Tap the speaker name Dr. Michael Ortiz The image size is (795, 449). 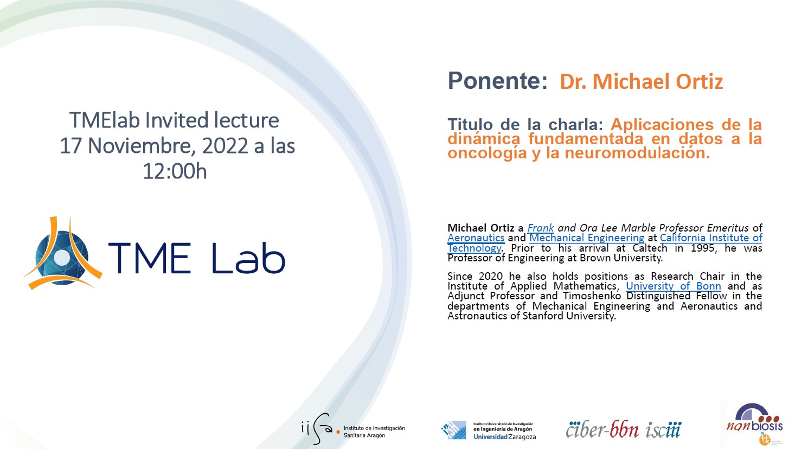tap(642, 82)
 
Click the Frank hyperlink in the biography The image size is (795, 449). tap(541, 228)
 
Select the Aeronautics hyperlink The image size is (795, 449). tap(476, 238)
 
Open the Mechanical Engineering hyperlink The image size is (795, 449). tap(586, 238)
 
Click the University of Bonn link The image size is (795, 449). tap(674, 286)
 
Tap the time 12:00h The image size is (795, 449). tap(175, 171)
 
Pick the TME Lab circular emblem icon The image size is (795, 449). tap(63, 253)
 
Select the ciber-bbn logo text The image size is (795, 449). tap(602, 430)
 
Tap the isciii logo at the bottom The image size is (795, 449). tap(663, 430)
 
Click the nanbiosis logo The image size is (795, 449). tap(754, 424)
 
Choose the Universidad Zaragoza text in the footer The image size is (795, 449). tap(504, 437)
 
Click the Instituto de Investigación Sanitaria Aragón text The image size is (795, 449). tap(374, 432)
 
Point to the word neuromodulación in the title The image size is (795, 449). tap(637, 153)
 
